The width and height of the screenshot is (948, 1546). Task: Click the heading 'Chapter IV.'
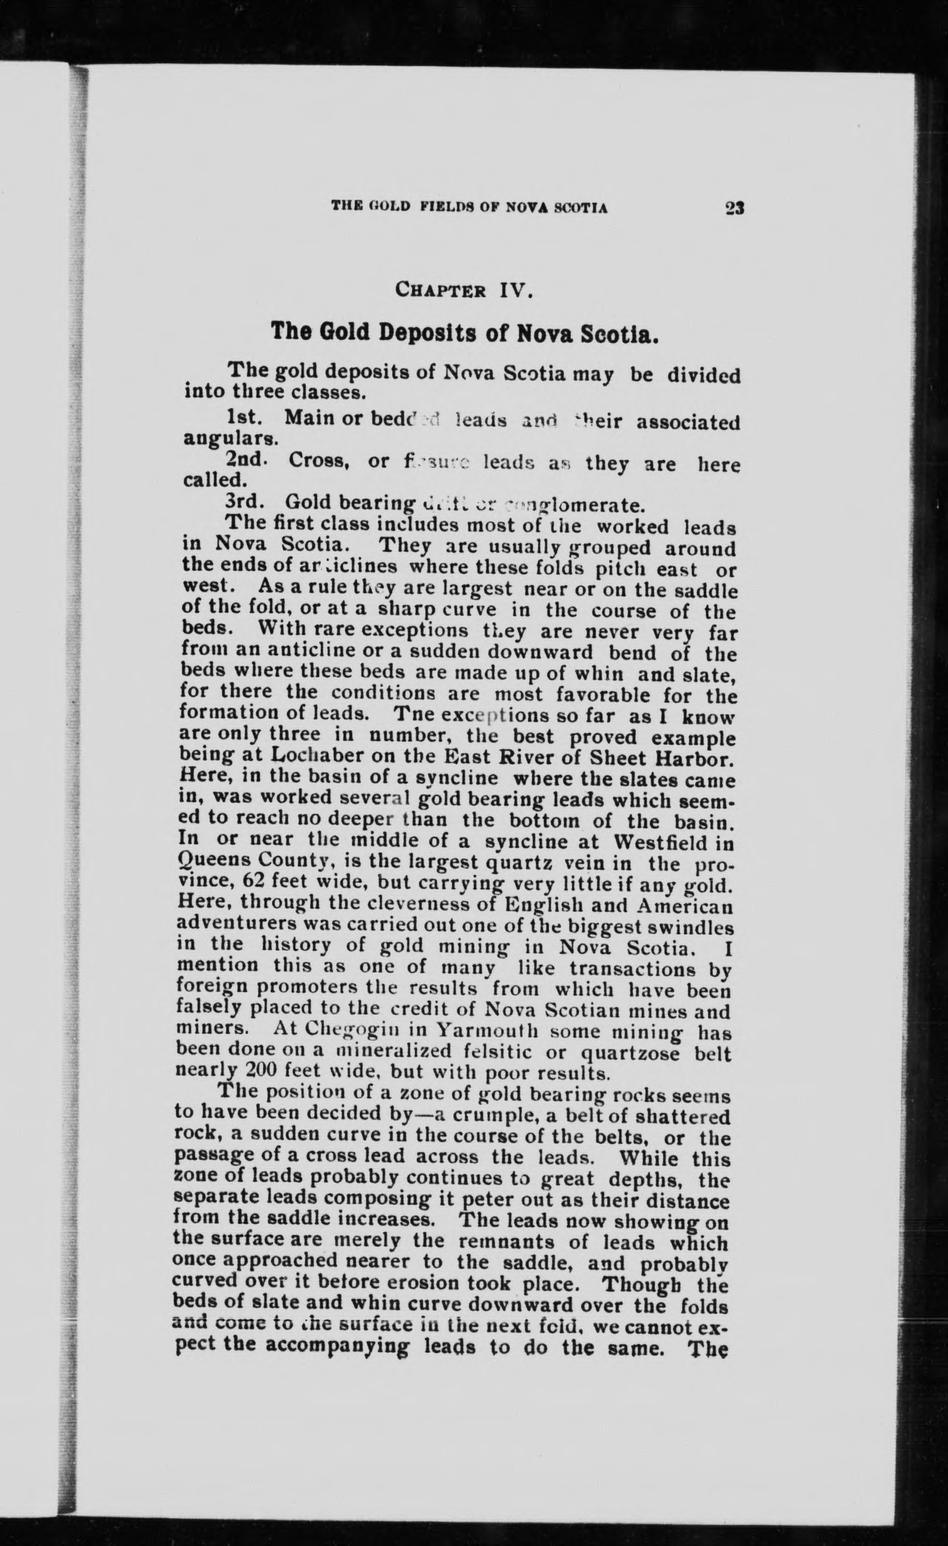coord(463,291)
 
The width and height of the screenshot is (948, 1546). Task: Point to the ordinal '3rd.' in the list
coord(246,503)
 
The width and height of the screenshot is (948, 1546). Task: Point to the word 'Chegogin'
coord(357,1030)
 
